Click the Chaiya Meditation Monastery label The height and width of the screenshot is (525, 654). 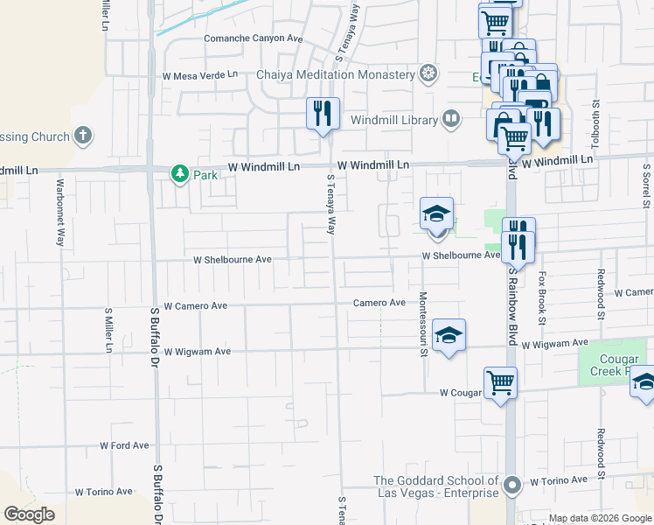point(335,74)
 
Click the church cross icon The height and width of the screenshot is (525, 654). point(83,136)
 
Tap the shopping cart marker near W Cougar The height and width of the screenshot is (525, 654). point(500,382)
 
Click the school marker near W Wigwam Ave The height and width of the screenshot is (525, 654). point(449,335)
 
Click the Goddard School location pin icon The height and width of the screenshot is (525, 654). point(512,484)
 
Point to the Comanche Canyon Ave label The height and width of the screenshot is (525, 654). point(253,38)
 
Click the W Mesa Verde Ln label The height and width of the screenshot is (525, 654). point(199,75)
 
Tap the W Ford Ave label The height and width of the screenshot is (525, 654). point(124,445)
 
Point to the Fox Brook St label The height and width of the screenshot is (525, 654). point(542,297)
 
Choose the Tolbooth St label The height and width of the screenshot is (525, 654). point(597,122)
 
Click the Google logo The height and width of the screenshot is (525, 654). point(29,514)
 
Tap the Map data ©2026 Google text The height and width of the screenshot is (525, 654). point(601,518)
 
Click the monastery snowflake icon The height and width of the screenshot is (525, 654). point(428,73)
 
